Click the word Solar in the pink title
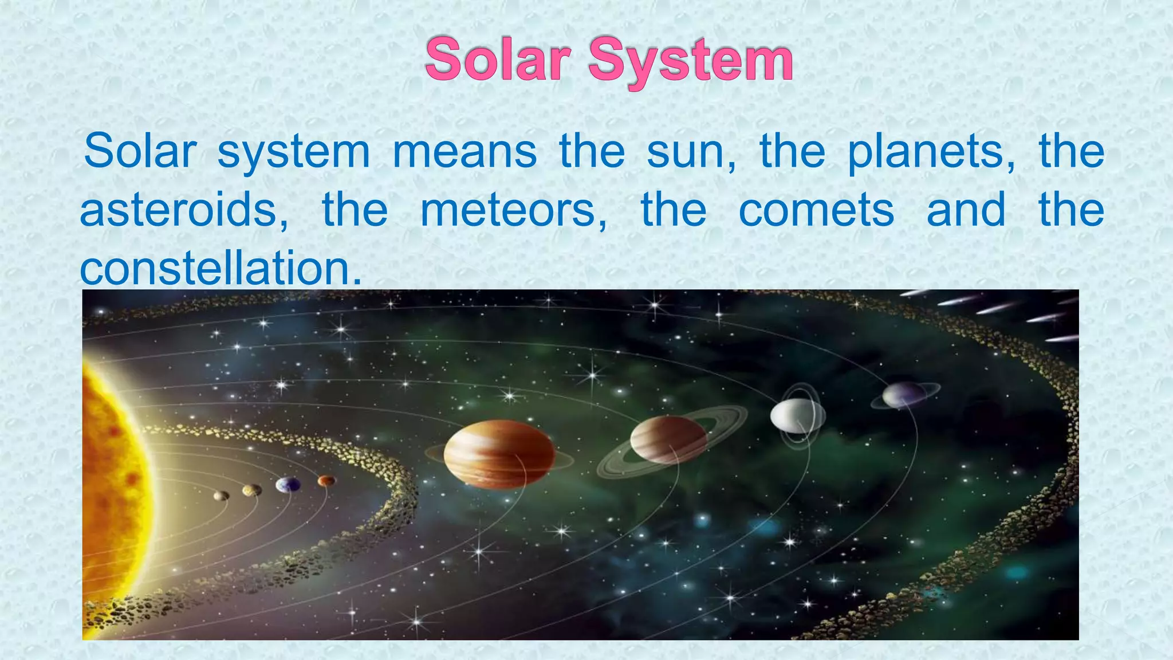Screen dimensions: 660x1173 [x=498, y=60]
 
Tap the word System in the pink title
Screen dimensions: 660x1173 [x=690, y=61]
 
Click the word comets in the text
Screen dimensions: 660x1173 [x=816, y=210]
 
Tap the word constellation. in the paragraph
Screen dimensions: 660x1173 [x=221, y=268]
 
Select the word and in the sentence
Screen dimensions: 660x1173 [x=966, y=210]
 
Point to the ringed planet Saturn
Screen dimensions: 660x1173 [x=668, y=440]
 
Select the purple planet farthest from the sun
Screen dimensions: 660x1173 [x=903, y=395]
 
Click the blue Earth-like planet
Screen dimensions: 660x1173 [x=288, y=485]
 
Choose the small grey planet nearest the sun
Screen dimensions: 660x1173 [x=221, y=496]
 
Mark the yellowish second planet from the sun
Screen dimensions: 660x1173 [x=251, y=490]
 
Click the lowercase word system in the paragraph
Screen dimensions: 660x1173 [x=294, y=152]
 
